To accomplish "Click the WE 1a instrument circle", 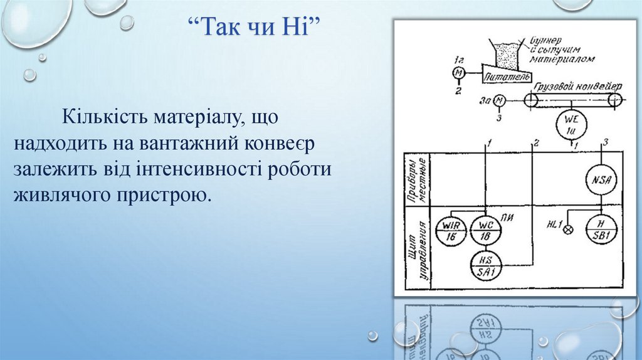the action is tap(571, 125).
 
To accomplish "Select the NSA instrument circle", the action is tap(601, 179).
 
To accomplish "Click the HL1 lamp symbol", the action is tap(569, 229).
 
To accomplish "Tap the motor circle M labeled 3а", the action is tap(499, 100).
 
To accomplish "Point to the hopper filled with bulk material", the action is tap(504, 52).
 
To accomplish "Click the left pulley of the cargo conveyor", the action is tap(531, 100).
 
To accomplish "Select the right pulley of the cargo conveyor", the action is tap(615, 99).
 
